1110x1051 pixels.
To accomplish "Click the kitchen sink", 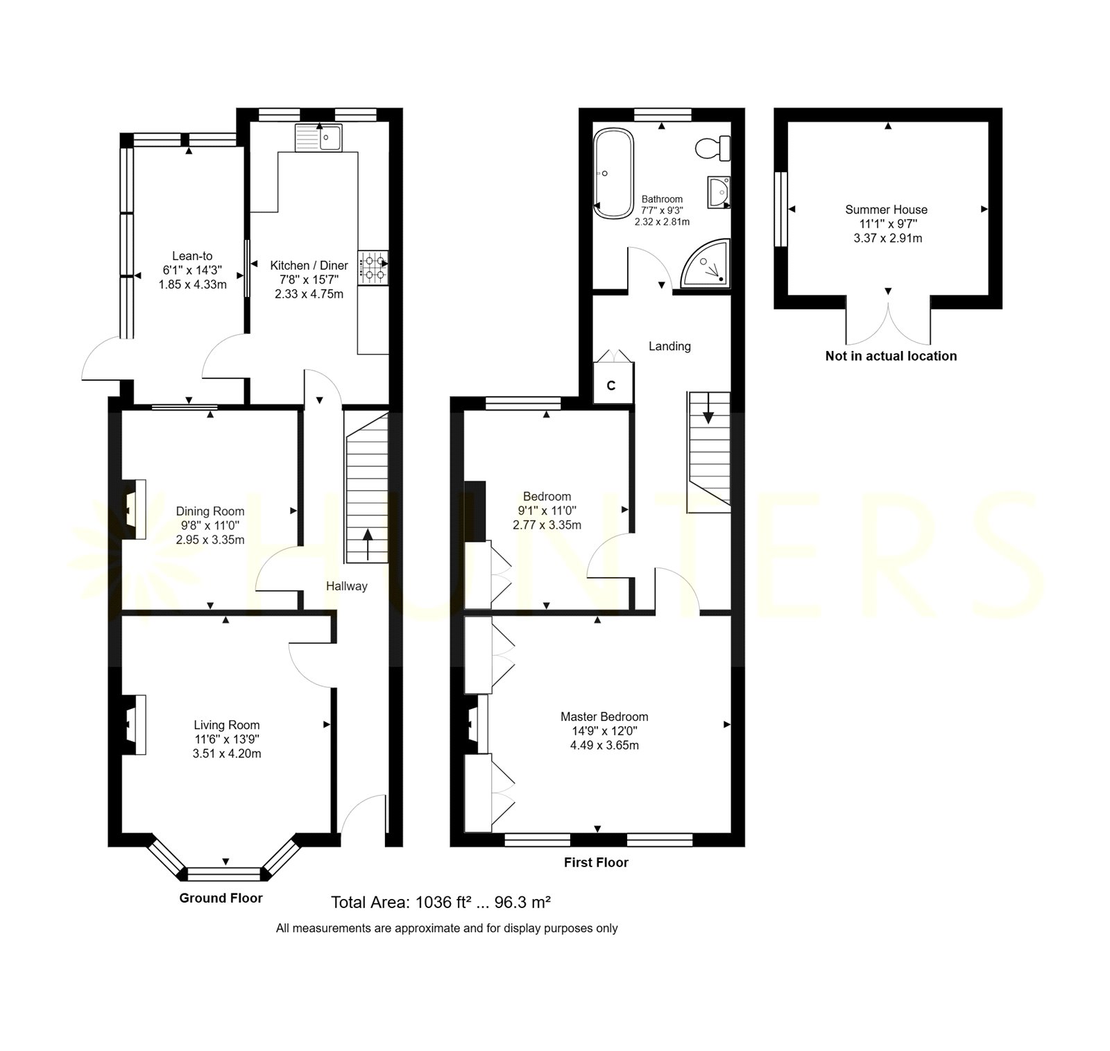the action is [318, 137].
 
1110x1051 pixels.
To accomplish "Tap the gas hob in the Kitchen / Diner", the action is [373, 267].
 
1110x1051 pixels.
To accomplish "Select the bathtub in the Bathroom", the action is [613, 173].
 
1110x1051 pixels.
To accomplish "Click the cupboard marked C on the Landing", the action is [611, 385].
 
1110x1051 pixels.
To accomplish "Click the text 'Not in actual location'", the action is [891, 356].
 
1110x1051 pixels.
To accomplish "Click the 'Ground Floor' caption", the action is [221, 898].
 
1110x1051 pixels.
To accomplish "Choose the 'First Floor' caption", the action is [596, 862].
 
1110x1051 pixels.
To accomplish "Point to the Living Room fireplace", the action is [135, 724].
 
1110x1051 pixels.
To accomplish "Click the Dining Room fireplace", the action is [135, 509].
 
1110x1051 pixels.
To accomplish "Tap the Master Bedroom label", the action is [604, 717].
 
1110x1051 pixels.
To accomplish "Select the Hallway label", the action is [347, 586].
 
